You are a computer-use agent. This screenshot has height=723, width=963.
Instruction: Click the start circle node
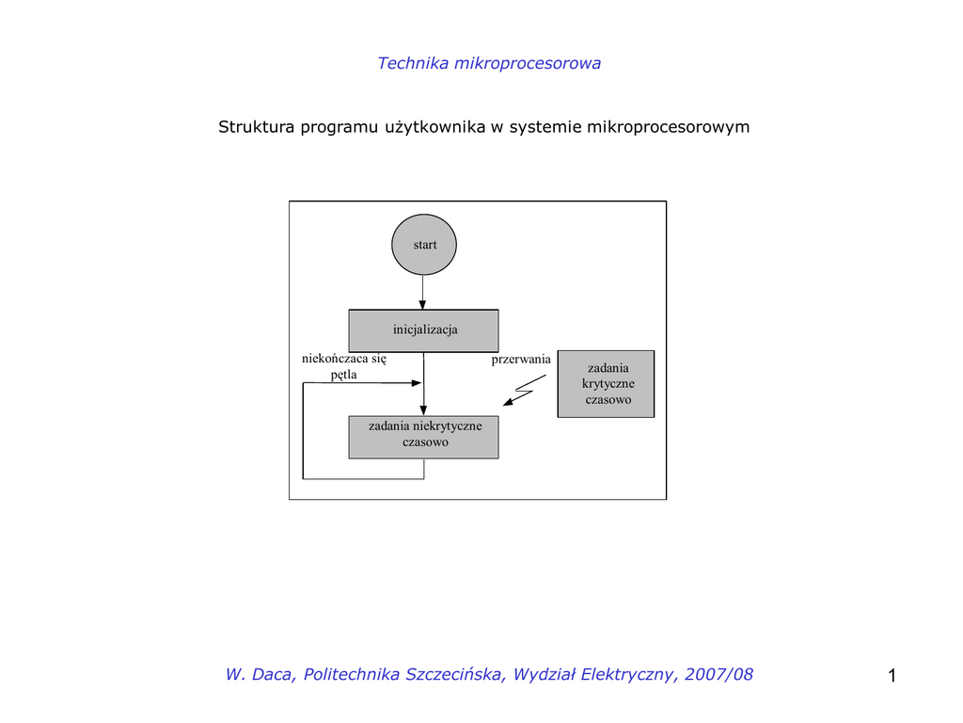tap(424, 245)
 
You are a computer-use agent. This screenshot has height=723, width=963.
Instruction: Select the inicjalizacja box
tap(424, 330)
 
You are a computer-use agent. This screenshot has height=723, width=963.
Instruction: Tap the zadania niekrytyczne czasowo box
tap(424, 437)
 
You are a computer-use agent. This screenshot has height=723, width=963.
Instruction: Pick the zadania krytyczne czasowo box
tap(607, 384)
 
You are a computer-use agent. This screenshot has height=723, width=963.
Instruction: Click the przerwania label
tap(521, 360)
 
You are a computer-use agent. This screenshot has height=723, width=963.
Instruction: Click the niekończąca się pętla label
tap(344, 366)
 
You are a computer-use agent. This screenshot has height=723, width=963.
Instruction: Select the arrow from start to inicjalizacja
tap(423, 292)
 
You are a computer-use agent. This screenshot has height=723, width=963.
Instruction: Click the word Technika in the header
tap(413, 63)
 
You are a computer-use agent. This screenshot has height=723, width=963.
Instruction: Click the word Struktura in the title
tap(257, 127)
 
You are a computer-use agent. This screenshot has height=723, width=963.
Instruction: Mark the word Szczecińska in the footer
tap(455, 674)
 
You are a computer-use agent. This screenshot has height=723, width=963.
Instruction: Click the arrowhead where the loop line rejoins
tap(417, 383)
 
